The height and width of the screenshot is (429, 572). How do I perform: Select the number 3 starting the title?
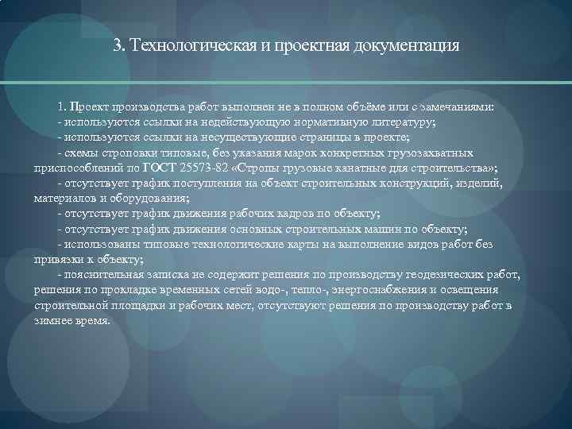point(118,44)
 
